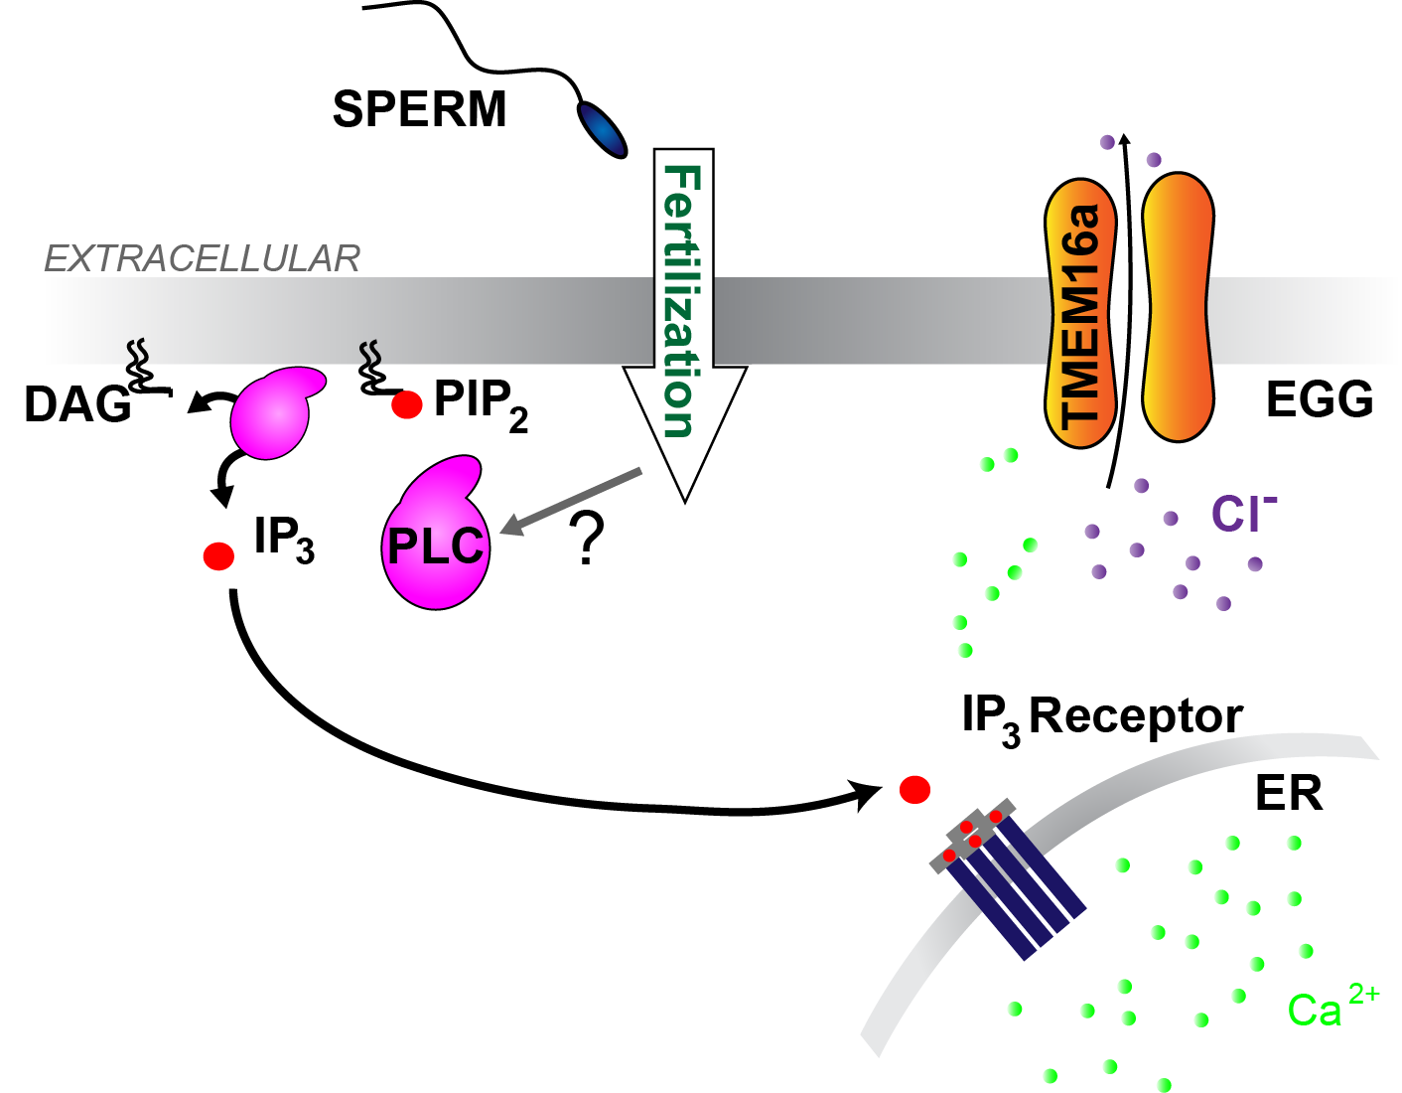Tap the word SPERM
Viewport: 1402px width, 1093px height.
click(x=419, y=109)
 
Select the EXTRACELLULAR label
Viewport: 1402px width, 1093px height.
click(x=202, y=259)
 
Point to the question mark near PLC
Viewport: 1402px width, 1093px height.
click(x=588, y=539)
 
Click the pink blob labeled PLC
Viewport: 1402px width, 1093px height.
click(x=435, y=542)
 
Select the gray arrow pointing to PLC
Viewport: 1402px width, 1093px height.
click(x=571, y=501)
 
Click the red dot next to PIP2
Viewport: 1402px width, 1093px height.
click(x=406, y=404)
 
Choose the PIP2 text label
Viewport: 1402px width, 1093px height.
click(x=481, y=403)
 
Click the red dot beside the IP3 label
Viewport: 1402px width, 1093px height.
click(x=218, y=555)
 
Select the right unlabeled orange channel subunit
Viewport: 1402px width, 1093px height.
click(x=1178, y=308)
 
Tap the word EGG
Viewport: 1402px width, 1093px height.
click(x=1320, y=399)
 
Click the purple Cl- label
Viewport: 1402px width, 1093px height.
click(x=1242, y=514)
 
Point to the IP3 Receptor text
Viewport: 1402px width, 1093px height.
click(x=1102, y=716)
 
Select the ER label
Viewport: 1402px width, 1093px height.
click(x=1289, y=793)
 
